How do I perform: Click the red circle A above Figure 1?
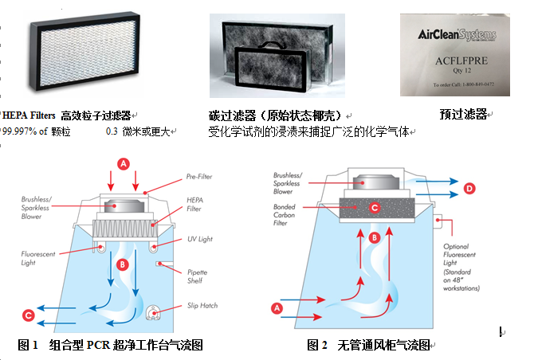[124, 164]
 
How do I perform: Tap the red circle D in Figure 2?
[469, 188]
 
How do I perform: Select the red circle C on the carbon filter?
[375, 207]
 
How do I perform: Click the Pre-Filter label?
[199, 177]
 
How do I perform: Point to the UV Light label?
[200, 239]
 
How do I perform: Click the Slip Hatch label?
[202, 306]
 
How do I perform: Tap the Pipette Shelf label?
[198, 276]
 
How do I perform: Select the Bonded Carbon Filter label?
[284, 215]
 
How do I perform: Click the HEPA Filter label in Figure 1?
[194, 205]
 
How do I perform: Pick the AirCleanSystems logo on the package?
[457, 34]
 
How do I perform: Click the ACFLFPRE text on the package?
[461, 61]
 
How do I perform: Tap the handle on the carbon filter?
[273, 45]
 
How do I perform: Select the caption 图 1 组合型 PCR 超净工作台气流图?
[110, 345]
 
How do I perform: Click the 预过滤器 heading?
[463, 114]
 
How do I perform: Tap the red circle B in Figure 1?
[123, 264]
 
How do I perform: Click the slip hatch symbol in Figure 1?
[153, 312]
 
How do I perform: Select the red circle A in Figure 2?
[277, 308]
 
